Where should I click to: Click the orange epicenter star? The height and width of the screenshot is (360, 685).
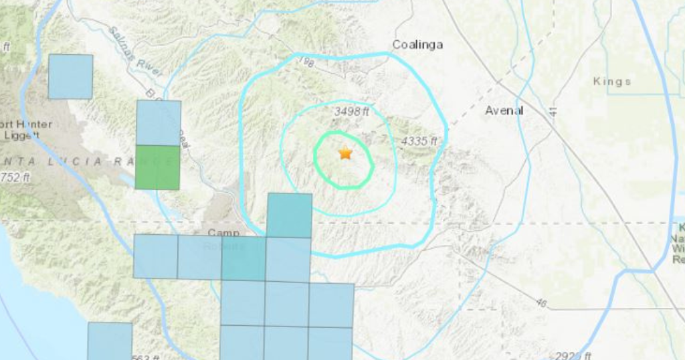click(345, 153)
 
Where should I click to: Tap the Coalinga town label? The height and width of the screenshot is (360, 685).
click(417, 45)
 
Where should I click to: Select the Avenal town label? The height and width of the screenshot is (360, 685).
click(504, 110)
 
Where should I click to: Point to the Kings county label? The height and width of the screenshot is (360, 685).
click(612, 82)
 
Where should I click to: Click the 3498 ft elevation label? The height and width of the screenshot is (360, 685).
click(352, 112)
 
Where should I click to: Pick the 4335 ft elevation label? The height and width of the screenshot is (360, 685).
click(419, 141)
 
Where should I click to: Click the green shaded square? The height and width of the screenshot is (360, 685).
click(157, 167)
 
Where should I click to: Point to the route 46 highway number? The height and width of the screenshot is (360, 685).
click(541, 304)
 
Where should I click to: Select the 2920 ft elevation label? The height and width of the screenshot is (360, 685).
click(569, 355)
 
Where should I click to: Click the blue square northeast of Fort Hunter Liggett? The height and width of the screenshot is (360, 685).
click(70, 76)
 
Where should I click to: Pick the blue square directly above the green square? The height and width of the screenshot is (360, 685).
click(159, 122)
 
